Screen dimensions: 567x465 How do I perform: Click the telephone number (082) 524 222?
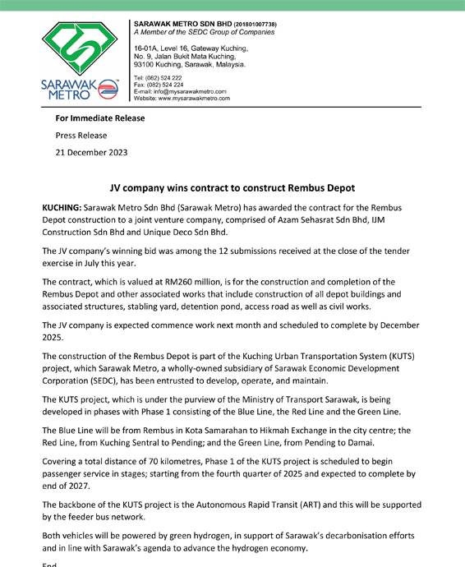165,78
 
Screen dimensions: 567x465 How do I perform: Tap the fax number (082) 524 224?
166,85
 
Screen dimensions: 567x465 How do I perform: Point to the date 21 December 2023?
91,152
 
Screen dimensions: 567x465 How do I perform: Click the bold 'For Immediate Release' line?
100,118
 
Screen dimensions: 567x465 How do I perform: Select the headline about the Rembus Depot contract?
232,188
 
